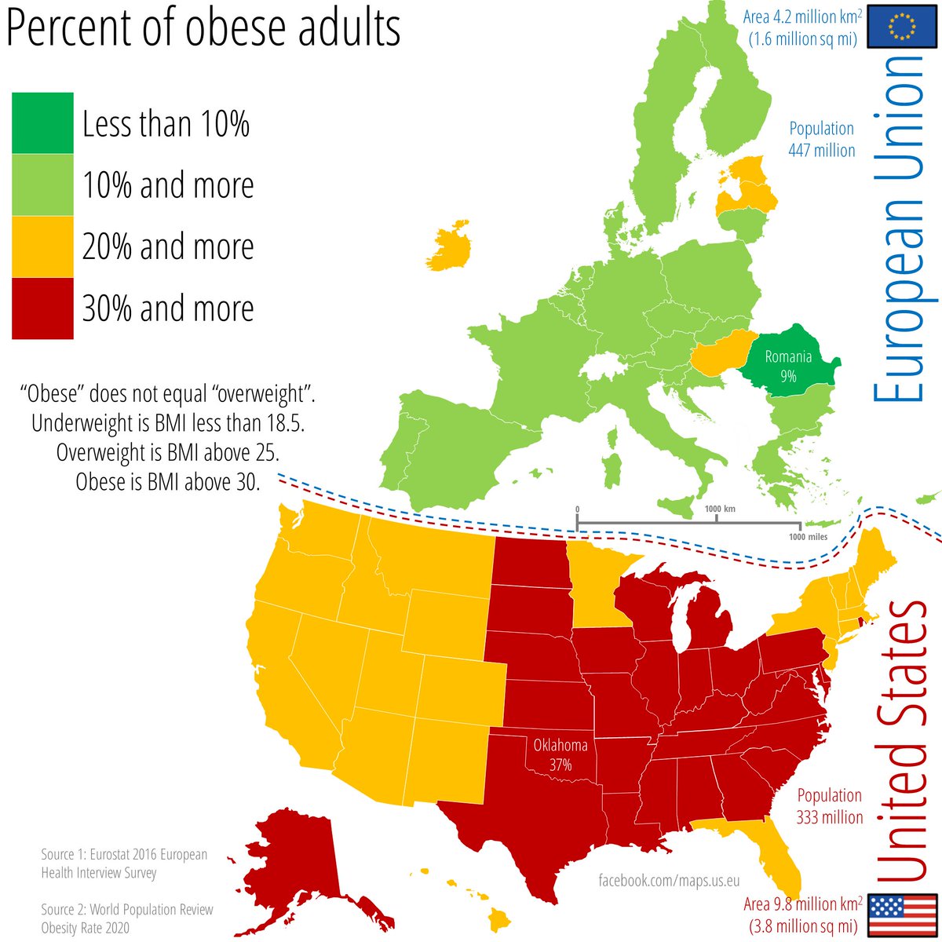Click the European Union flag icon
point(902,27)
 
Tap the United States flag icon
point(902,915)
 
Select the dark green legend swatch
point(42,123)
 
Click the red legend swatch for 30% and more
point(42,309)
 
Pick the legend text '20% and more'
point(168,246)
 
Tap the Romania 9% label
point(788,367)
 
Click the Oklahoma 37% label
point(560,754)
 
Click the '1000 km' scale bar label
point(719,509)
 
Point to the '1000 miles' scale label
point(807,537)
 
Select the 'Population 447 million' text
point(821,139)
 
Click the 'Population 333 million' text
point(829,806)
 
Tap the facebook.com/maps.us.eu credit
point(669,881)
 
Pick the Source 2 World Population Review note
point(127,918)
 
